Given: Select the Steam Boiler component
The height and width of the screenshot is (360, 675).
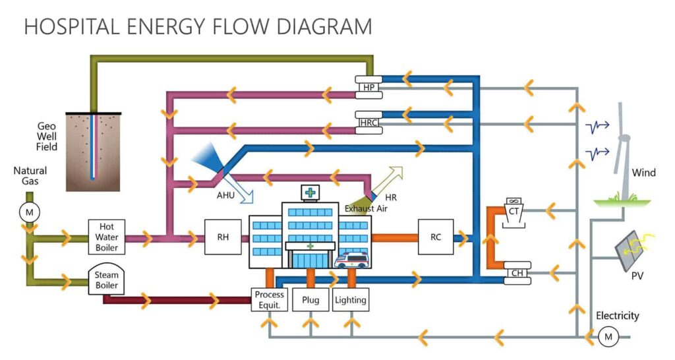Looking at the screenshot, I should [106, 279].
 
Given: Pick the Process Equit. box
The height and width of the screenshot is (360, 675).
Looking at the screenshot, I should [269, 300].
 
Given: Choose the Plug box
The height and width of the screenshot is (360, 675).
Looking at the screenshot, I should [310, 300].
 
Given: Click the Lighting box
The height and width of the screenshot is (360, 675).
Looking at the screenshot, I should [350, 300].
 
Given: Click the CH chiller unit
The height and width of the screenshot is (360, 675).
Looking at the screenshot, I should [517, 274].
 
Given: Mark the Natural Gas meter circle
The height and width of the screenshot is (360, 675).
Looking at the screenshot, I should [29, 212].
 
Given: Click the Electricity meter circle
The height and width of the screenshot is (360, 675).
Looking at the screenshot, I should [606, 337].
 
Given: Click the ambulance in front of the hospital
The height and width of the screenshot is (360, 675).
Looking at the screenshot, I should [352, 260].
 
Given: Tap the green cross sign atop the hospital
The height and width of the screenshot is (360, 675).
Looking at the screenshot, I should [309, 193].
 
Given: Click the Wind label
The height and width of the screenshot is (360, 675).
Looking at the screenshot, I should [643, 173].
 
